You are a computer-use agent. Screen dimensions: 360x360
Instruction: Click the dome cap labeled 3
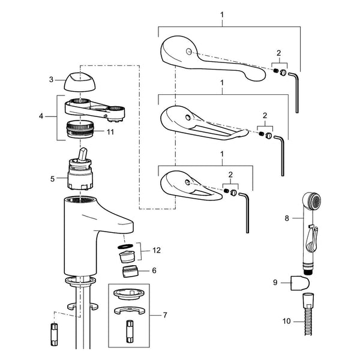pyautogui.click(x=80, y=82)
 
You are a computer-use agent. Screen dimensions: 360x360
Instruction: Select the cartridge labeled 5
pyautogui.click(x=80, y=169)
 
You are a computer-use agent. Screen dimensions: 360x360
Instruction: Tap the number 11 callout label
pyautogui.click(x=110, y=132)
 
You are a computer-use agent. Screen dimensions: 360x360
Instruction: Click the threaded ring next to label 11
pyautogui.click(x=80, y=129)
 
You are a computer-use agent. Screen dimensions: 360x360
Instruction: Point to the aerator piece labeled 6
pyautogui.click(x=130, y=271)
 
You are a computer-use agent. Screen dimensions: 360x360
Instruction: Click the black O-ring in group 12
pyautogui.click(x=125, y=247)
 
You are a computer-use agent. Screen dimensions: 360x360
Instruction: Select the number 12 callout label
pyautogui.click(x=157, y=250)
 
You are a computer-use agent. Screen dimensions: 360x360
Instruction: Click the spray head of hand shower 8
pyautogui.click(x=311, y=200)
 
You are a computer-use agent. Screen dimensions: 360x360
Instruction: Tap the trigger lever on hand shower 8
pyautogui.click(x=312, y=239)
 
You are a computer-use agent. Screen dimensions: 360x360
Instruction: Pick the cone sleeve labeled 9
pyautogui.click(x=300, y=282)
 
